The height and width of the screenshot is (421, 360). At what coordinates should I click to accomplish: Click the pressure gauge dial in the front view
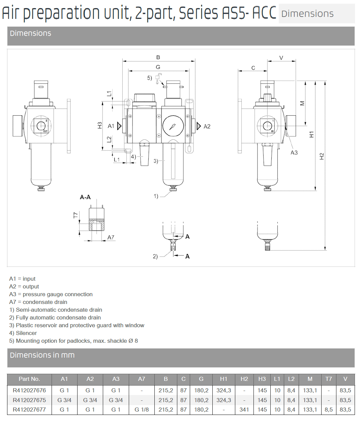tap(173, 126)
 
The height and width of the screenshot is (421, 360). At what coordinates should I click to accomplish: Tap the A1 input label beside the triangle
tap(111, 126)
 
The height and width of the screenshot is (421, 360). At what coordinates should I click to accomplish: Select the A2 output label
tap(207, 127)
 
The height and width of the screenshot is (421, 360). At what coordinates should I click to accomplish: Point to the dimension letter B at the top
tap(158, 57)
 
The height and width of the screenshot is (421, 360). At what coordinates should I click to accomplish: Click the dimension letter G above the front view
tap(158, 67)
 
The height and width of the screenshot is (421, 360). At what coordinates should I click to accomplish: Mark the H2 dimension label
tap(322, 156)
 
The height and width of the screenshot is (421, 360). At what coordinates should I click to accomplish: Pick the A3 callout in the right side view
tap(294, 152)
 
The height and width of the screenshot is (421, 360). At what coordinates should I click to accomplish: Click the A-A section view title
tap(85, 197)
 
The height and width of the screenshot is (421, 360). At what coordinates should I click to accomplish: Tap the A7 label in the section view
tap(111, 237)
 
